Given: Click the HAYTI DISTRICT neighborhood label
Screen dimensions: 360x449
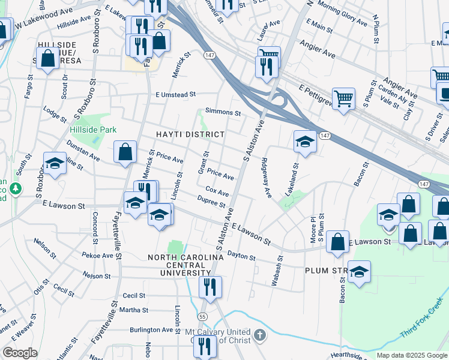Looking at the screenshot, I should (x=190, y=134).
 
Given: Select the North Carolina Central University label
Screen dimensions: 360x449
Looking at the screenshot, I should (x=186, y=265).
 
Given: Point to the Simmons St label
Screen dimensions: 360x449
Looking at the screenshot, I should (x=223, y=112).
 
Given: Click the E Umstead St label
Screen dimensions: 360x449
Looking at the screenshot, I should (x=176, y=94).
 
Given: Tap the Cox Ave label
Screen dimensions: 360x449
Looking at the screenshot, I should (x=217, y=193).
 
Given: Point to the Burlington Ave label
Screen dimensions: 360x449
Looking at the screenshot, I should (x=151, y=330).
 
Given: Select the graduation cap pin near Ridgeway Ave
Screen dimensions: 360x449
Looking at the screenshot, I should (x=305, y=142).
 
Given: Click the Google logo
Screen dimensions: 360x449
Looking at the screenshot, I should (x=20, y=353).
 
